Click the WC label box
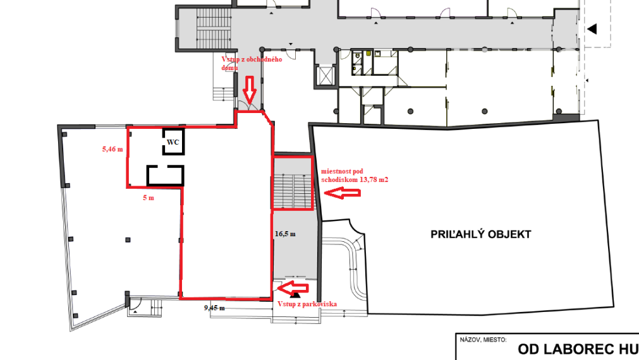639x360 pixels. pos(173,142)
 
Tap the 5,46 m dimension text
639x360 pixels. pos(111,150)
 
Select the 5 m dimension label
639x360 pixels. pos(148,198)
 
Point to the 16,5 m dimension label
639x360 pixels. pos(285,233)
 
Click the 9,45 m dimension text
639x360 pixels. pos(215,308)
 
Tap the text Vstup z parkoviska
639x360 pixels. pos(307,304)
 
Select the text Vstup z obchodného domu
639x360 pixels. pos(251,63)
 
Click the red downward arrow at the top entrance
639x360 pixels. pos(250,90)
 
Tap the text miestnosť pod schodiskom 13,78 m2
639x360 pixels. pos(354,175)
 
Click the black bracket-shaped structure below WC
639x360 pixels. pos(166,175)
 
